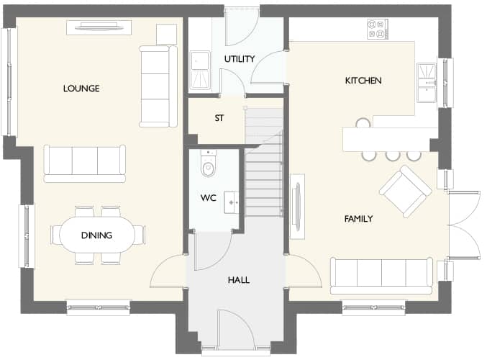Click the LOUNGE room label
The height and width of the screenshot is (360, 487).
tap(81, 89)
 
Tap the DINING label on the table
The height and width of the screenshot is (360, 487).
tap(96, 235)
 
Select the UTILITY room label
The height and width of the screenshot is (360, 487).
tap(239, 59)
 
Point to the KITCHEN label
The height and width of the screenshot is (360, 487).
tap(363, 81)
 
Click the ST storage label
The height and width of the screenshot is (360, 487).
tap(218, 118)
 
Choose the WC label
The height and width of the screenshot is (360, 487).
tap(208, 197)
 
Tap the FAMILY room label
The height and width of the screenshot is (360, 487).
tap(358, 218)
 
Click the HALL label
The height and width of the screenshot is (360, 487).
tap(238, 279)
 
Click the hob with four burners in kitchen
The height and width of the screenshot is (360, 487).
tap(377, 29)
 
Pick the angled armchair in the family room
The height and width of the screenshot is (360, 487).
tap(405, 191)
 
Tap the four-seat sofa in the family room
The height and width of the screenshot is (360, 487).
tap(381, 274)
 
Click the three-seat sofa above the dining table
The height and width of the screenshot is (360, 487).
tap(85, 161)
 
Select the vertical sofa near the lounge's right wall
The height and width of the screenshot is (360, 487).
tap(158, 86)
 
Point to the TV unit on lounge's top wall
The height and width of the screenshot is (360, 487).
tap(99, 27)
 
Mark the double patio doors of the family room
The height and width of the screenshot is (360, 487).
tap(464, 224)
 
